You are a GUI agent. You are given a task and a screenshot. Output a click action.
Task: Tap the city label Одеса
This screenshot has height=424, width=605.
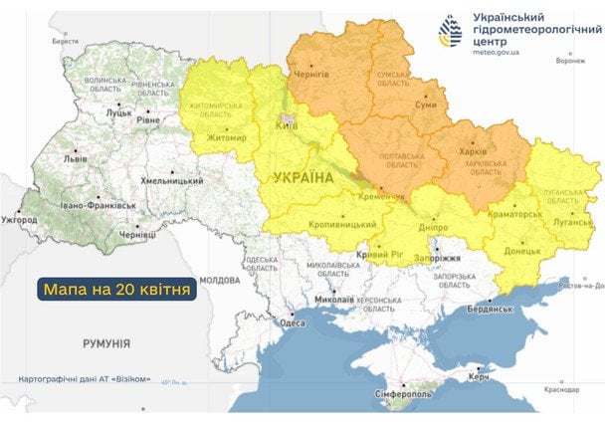point(293,322)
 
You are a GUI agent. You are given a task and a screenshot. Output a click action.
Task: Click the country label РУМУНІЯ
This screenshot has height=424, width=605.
point(106,343)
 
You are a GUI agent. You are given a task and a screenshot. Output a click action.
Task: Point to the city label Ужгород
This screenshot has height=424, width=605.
point(19,219)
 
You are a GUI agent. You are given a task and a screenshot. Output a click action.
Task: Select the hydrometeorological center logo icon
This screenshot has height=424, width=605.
point(452,33)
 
